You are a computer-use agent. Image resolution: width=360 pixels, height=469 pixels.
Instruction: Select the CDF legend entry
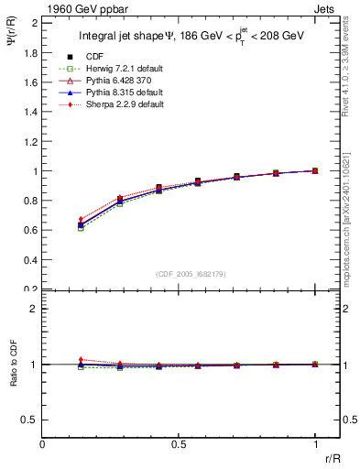[x=110, y=58]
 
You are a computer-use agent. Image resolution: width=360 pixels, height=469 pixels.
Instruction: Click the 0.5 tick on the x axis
[x=179, y=443]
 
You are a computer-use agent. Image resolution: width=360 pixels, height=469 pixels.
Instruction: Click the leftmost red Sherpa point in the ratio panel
[x=81, y=360]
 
